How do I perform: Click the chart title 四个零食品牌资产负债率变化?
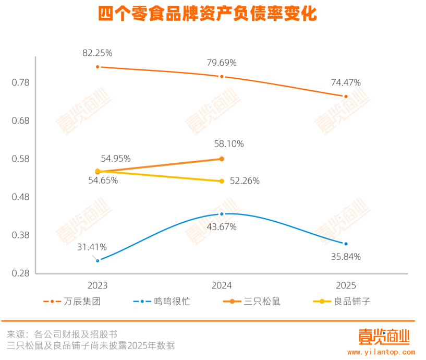208,14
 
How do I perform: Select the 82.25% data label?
98,53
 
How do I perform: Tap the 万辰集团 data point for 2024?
222,77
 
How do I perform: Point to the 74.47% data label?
346,82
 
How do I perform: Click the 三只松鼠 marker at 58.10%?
222,159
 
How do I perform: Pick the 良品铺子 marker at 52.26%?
222,181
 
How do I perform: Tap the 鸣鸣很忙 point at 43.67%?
222,214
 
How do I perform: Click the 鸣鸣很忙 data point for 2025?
346,244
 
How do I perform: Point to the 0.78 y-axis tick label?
20,83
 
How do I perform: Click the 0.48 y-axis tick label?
20,197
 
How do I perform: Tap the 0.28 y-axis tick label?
20,273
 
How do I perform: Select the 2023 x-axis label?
98,285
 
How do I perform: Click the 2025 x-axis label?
346,285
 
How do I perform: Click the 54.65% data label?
102,181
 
